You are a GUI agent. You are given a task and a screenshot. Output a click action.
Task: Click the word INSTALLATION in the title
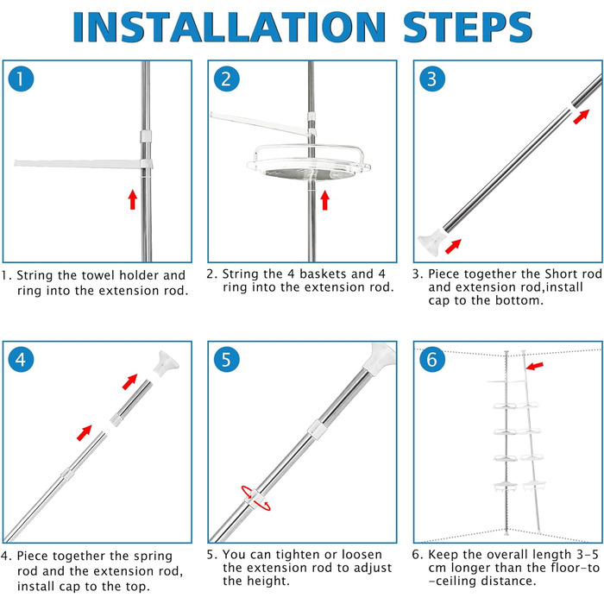pos(230,27)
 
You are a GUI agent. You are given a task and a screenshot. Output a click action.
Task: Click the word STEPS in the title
pos(468,27)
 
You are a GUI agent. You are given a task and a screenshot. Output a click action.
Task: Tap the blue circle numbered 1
pos(22,79)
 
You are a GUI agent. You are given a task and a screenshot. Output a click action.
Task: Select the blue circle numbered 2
pos(226,79)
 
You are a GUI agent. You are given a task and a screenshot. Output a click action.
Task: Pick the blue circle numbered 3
pos(432,79)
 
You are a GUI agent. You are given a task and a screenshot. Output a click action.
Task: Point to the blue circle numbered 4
pos(22,360)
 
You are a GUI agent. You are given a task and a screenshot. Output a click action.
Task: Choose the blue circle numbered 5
pos(226,360)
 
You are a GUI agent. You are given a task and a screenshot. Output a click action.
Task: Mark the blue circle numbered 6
pos(432,360)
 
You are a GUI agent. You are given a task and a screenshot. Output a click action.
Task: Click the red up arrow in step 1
pos(133,199)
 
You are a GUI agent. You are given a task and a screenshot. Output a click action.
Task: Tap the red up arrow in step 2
pos(324,200)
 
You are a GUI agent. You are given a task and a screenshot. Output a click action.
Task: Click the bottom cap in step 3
pos(431,242)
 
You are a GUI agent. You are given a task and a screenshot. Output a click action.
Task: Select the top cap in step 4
pos(166,363)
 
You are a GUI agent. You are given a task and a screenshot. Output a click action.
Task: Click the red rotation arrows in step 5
pos(255,499)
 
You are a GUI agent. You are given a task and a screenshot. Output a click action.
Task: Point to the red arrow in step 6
pos(535,366)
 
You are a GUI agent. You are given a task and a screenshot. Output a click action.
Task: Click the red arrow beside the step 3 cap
pos(453,247)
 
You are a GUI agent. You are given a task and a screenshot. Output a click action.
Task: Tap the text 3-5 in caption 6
pos(587,555)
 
